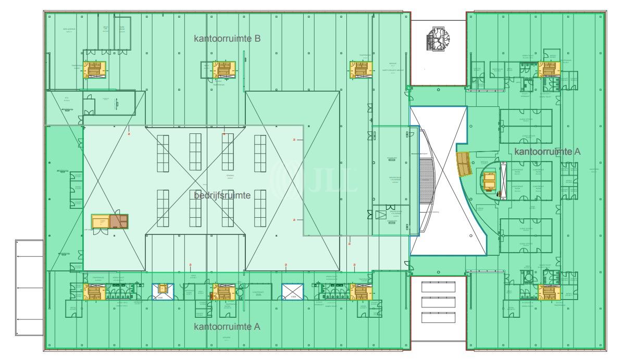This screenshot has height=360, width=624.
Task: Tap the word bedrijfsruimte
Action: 222,196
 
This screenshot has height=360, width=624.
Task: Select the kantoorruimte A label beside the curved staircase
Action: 547,152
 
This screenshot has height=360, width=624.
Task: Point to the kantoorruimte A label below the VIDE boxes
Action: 227,327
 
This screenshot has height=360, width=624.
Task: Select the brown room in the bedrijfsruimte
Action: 122,221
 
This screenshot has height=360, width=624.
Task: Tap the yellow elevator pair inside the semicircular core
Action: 490,181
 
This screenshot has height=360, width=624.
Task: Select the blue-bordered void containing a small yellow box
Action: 163,291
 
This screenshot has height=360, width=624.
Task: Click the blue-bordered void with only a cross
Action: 292,292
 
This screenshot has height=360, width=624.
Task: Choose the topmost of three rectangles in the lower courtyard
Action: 438,286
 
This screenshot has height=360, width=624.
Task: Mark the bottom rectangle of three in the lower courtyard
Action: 438,317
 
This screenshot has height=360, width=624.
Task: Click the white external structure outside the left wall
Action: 29,287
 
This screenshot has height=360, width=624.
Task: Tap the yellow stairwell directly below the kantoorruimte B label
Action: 224,69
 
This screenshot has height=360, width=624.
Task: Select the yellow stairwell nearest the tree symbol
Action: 360,69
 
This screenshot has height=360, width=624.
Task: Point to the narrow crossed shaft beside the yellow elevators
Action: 503,179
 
